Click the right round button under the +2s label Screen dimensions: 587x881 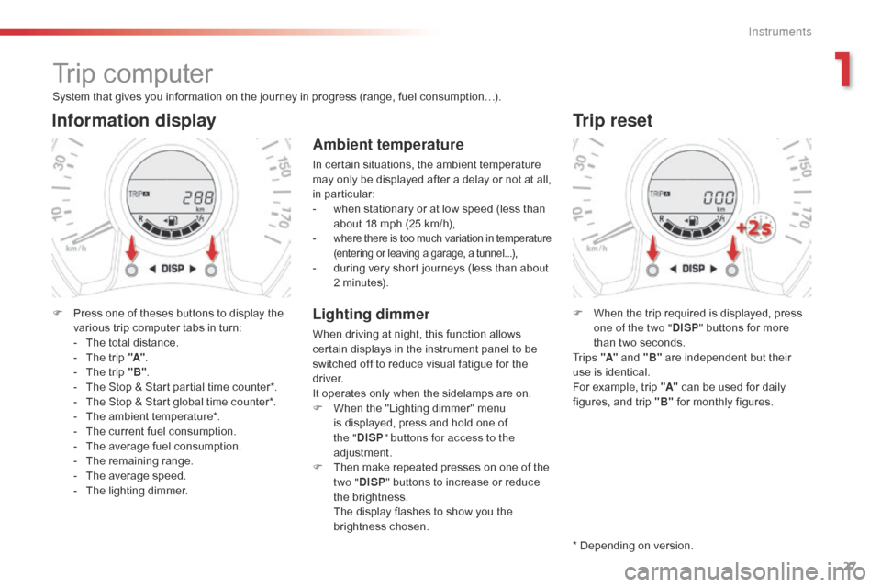(731, 271)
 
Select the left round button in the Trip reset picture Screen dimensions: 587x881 (652, 271)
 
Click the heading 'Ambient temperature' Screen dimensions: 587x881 (388, 144)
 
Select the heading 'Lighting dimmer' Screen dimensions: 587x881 (371, 314)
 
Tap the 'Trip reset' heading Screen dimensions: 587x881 (612, 120)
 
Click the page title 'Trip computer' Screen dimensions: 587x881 (132, 73)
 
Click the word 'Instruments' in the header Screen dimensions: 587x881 (779, 32)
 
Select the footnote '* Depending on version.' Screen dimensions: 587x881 (632, 546)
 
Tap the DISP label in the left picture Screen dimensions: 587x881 (172, 269)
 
